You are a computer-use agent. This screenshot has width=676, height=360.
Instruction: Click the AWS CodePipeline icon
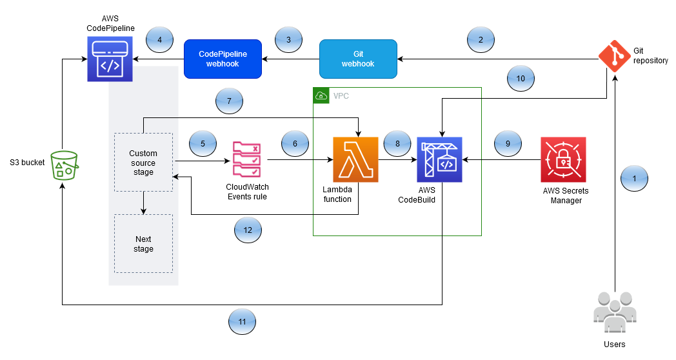click(x=110, y=59)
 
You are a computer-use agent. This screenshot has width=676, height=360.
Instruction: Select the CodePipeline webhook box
click(x=223, y=59)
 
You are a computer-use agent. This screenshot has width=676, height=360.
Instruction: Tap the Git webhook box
click(x=358, y=59)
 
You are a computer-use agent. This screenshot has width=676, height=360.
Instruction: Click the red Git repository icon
click(x=615, y=56)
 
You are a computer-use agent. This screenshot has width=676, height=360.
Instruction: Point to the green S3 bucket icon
click(x=63, y=165)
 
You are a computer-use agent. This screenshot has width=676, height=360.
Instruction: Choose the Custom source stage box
click(x=143, y=163)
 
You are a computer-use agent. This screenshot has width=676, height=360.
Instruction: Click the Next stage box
click(x=143, y=243)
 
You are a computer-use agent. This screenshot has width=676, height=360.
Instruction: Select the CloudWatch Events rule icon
click(x=246, y=159)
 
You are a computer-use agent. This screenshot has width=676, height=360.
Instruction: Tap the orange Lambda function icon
click(x=355, y=159)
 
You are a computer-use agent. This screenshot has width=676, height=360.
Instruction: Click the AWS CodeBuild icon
click(x=439, y=159)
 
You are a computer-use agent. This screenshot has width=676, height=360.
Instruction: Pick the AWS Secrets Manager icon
click(x=563, y=159)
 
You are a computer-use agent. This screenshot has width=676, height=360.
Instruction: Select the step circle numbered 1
click(x=634, y=177)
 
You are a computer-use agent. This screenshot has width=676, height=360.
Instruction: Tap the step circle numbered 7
click(x=229, y=101)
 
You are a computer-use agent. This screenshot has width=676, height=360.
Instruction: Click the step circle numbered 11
click(x=243, y=319)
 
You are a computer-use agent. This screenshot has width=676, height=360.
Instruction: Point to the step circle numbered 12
click(x=248, y=229)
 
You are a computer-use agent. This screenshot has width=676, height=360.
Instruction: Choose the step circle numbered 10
click(x=521, y=78)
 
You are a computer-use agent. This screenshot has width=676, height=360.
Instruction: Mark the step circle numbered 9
click(x=508, y=144)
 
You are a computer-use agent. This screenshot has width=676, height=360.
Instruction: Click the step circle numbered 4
click(x=159, y=40)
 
